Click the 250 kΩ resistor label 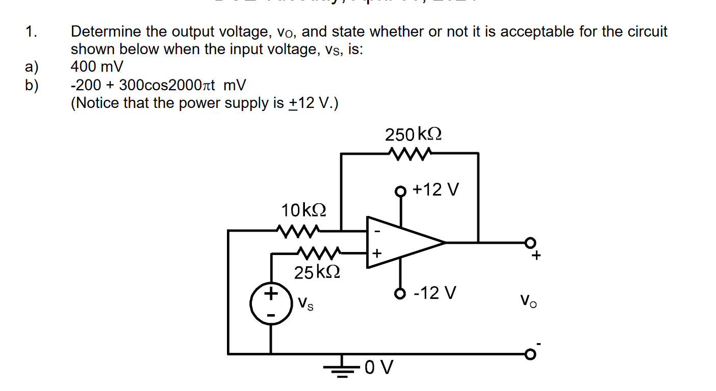click(414, 135)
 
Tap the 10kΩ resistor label click(304, 209)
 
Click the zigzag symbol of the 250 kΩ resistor click(410, 152)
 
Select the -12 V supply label click(435, 293)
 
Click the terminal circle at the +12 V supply click(401, 192)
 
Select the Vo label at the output click(529, 300)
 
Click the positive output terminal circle click(531, 242)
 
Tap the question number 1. click(31, 32)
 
